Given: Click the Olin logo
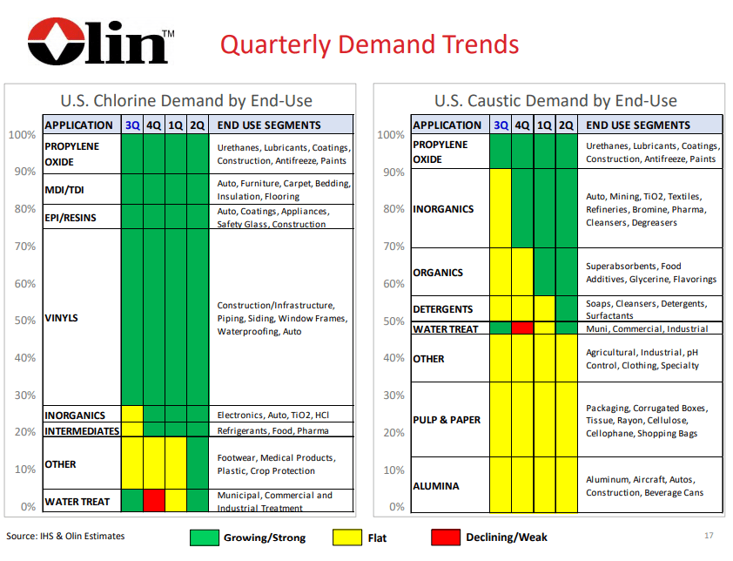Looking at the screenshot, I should coord(98,41).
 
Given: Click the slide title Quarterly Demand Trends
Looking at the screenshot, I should coord(369,44).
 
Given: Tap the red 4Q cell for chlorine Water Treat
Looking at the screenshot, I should coord(154,500).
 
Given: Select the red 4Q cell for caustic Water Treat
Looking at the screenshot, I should coord(522,328).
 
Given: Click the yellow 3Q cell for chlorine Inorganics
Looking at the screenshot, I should coord(132,414).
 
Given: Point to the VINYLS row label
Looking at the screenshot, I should coord(62,318).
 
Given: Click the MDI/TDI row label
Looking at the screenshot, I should coord(64,189).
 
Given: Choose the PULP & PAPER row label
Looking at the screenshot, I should coord(447,420).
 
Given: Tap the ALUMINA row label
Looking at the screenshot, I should coord(437,486).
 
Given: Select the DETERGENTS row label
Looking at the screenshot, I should coord(443,309).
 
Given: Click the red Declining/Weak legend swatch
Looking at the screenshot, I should coord(446,537).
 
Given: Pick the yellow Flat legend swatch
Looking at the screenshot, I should coord(346,537).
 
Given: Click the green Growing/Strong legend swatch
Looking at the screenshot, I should coord(204,537).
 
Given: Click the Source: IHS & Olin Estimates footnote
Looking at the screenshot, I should coord(66,536).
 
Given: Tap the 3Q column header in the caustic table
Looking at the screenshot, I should coord(501,125).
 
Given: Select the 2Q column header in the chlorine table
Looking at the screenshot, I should coord(198,125).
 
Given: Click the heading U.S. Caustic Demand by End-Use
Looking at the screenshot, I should coord(555,101).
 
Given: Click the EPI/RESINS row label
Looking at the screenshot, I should coord(70,218).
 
